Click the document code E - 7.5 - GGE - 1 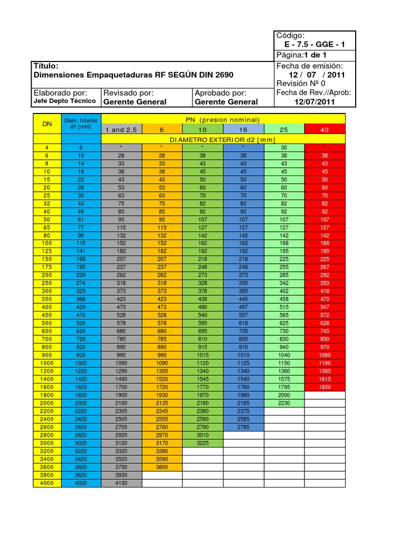point(315,45)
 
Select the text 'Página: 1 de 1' point(301,55)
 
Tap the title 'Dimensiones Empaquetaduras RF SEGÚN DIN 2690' point(133,75)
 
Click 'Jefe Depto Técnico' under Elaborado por point(65,101)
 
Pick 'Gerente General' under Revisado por point(135,102)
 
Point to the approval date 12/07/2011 point(315,102)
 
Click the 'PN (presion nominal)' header point(223,120)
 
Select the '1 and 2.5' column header point(122,129)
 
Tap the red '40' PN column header point(325,129)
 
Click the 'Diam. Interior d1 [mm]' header point(80,124)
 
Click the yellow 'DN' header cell point(47,124)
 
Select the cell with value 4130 point(122,483)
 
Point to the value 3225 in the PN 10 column point(203,443)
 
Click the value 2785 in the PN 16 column point(243,427)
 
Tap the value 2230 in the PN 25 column point(284,403)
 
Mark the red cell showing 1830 point(325,387)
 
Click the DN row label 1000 point(47,363)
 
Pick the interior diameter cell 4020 point(80,483)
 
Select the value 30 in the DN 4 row point(284,148)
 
